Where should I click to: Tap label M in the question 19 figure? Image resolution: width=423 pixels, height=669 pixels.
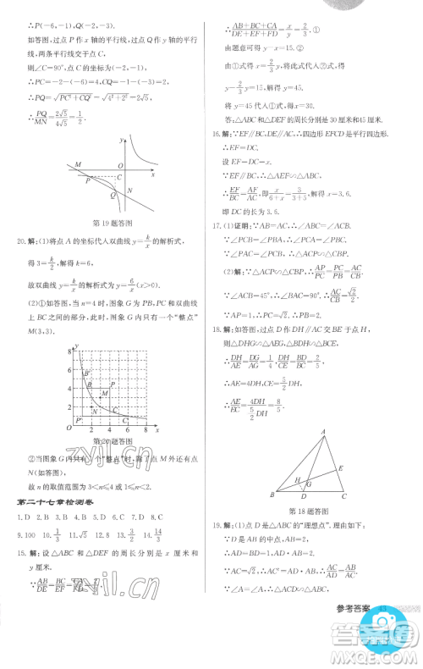53,163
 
